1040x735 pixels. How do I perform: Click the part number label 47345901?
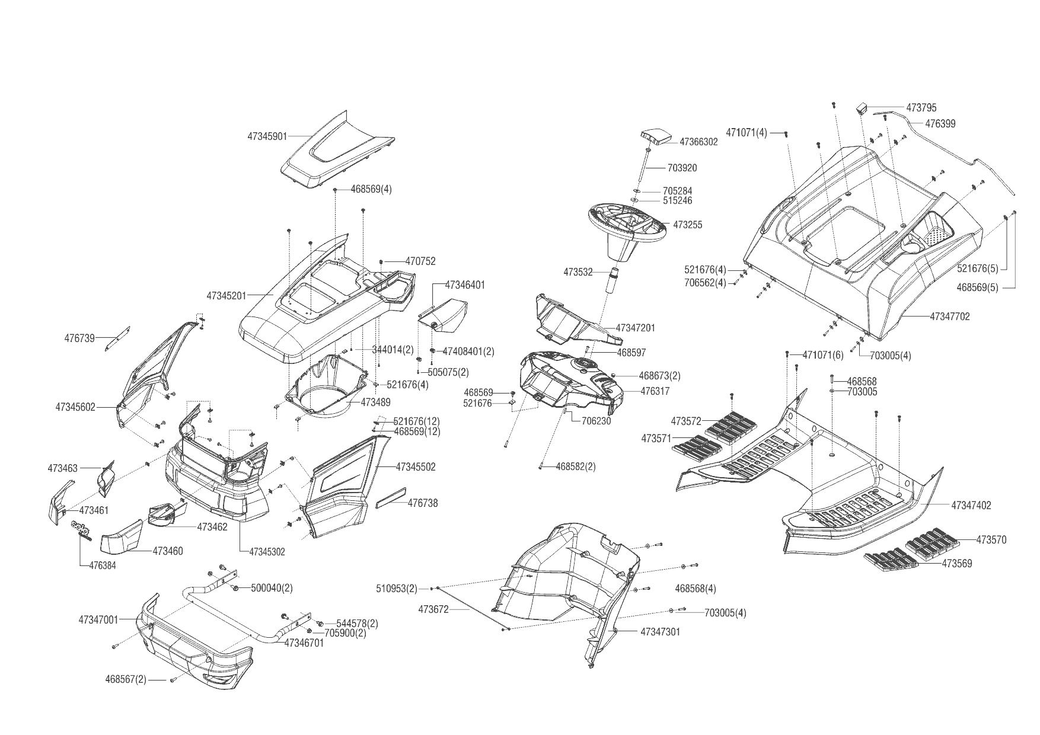[x=267, y=136]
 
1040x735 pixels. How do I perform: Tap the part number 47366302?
[x=698, y=142]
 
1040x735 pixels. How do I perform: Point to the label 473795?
[x=921, y=108]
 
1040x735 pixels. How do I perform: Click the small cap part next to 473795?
[x=862, y=108]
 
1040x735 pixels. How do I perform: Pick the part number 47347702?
[x=950, y=317]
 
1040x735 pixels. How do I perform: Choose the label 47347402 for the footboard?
[x=971, y=506]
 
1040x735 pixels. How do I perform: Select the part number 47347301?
[x=661, y=632]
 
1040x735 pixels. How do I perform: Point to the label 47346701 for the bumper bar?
[x=304, y=643]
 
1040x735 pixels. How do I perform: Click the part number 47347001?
[x=98, y=620]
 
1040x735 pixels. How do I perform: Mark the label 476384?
[x=103, y=565]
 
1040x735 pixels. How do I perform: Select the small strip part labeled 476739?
[x=118, y=338]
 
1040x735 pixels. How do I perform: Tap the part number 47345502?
[x=416, y=467]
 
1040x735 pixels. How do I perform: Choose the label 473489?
[x=376, y=402]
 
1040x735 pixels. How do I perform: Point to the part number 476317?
[x=655, y=391]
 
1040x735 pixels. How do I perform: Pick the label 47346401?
[x=465, y=285]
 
